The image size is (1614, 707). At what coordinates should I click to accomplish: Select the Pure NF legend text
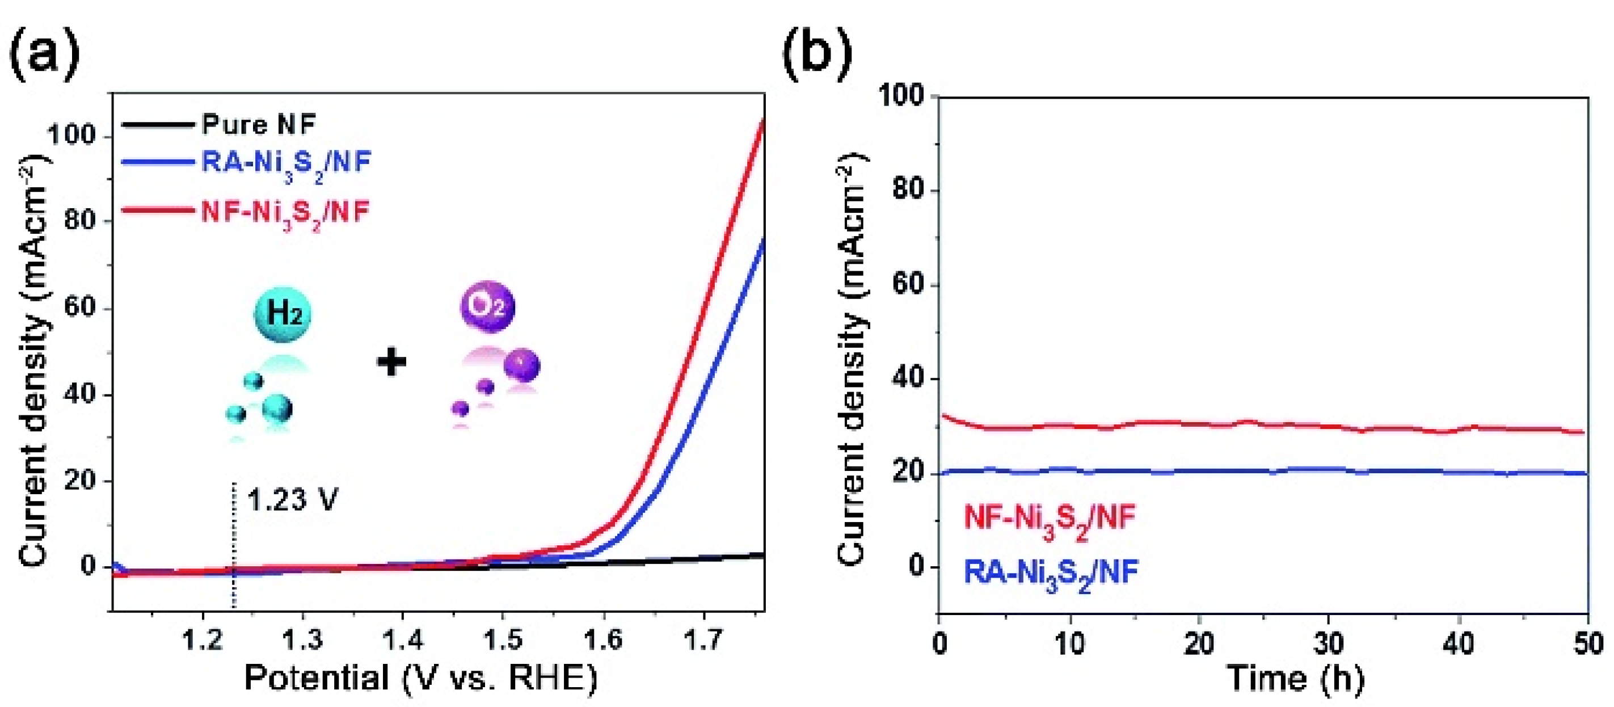259,125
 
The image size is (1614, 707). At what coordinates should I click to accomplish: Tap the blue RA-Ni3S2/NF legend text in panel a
286,163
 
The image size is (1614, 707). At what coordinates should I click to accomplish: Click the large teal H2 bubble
283,315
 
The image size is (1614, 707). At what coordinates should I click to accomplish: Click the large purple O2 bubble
487,306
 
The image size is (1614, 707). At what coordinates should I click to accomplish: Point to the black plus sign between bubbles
391,361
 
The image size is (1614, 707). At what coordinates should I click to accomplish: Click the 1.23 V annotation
293,500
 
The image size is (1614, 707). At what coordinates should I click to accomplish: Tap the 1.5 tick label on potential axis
503,640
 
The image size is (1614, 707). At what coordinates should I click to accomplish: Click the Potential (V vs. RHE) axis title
420,678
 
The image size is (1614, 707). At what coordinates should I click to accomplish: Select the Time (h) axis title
1295,678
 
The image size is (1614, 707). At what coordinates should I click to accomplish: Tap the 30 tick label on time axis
1328,643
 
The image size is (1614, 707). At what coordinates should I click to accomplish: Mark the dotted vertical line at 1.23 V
234,545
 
